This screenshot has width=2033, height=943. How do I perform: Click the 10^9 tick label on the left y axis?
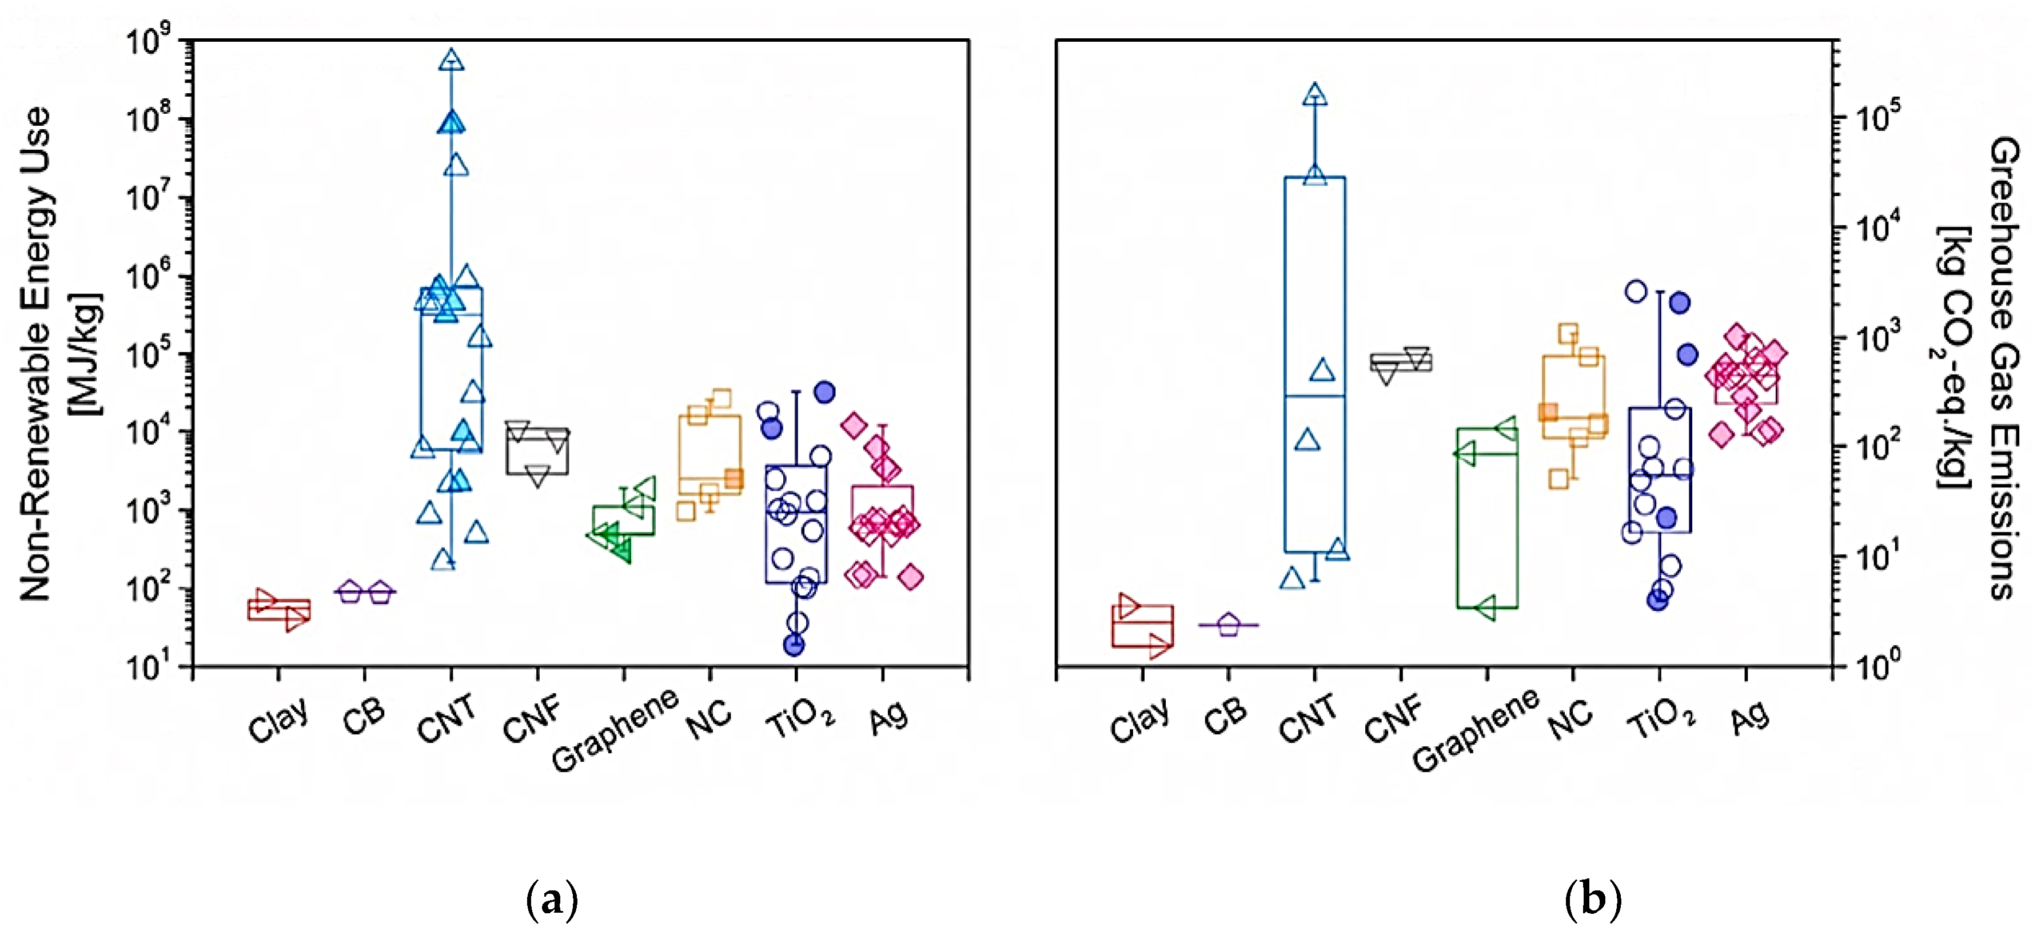click(x=150, y=41)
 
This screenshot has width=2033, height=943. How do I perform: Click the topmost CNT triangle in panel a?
click(x=452, y=60)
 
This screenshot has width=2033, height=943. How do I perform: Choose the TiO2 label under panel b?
click(x=1661, y=719)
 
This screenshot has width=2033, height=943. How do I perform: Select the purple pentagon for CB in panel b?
click(x=1229, y=625)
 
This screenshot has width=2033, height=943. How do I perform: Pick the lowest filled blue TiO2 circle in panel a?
click(x=794, y=644)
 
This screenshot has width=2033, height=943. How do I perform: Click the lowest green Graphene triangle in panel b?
click(x=1485, y=608)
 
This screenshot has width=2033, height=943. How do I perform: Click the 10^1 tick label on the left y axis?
click(x=150, y=667)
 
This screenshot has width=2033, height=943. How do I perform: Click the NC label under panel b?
click(x=1570, y=719)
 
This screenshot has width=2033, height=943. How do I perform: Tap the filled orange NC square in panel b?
click(x=1548, y=412)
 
